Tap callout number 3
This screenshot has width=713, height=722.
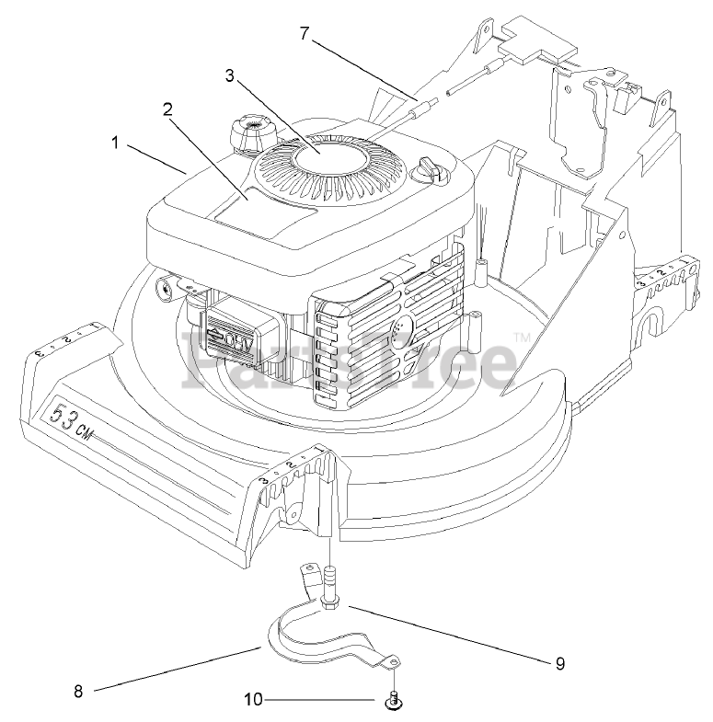pyautogui.click(x=229, y=75)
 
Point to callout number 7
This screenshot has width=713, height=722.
pyautogui.click(x=305, y=33)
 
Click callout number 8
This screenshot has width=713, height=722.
pyautogui.click(x=78, y=692)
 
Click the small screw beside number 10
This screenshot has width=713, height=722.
pyautogui.click(x=393, y=701)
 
